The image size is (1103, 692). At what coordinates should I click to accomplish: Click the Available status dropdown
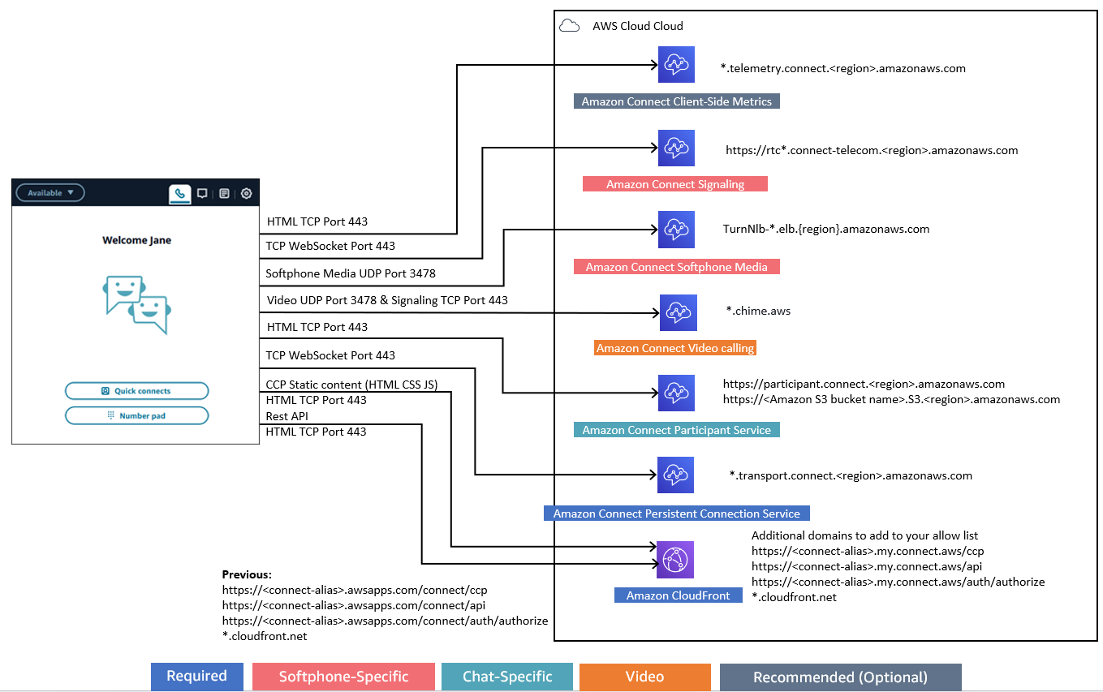[x=50, y=193]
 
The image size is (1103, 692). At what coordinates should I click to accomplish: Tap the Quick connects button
[x=136, y=391]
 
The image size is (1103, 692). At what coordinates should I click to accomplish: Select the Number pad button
[x=136, y=415]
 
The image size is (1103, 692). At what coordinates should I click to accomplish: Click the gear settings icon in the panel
[x=246, y=194]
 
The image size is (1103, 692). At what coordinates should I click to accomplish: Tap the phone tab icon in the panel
[x=179, y=194]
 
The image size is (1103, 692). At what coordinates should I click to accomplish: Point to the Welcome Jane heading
[x=136, y=240]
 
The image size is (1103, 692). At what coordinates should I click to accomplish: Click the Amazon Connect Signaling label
[x=674, y=184]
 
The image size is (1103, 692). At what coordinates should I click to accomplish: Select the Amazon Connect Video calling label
[x=675, y=348]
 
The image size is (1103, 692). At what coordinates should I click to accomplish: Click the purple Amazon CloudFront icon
[x=675, y=559]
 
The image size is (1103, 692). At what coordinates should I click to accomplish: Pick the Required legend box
[x=196, y=677]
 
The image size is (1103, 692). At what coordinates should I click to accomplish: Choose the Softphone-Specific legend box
[x=343, y=677]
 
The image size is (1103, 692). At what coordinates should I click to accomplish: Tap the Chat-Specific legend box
[x=507, y=677]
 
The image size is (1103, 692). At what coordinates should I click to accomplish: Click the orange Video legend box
[x=644, y=677]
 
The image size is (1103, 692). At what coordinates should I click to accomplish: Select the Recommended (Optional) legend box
[x=840, y=677]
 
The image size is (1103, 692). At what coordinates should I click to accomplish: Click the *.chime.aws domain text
[x=758, y=311]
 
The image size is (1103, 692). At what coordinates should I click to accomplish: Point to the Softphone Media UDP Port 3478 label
[x=351, y=273]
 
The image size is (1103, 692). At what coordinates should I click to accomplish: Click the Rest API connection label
[x=287, y=416]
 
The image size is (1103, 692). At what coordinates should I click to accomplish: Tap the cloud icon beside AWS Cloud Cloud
[x=570, y=26]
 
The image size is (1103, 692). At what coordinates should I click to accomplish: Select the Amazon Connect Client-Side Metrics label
[x=676, y=101]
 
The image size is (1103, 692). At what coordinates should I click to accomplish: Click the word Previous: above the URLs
[x=247, y=574]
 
